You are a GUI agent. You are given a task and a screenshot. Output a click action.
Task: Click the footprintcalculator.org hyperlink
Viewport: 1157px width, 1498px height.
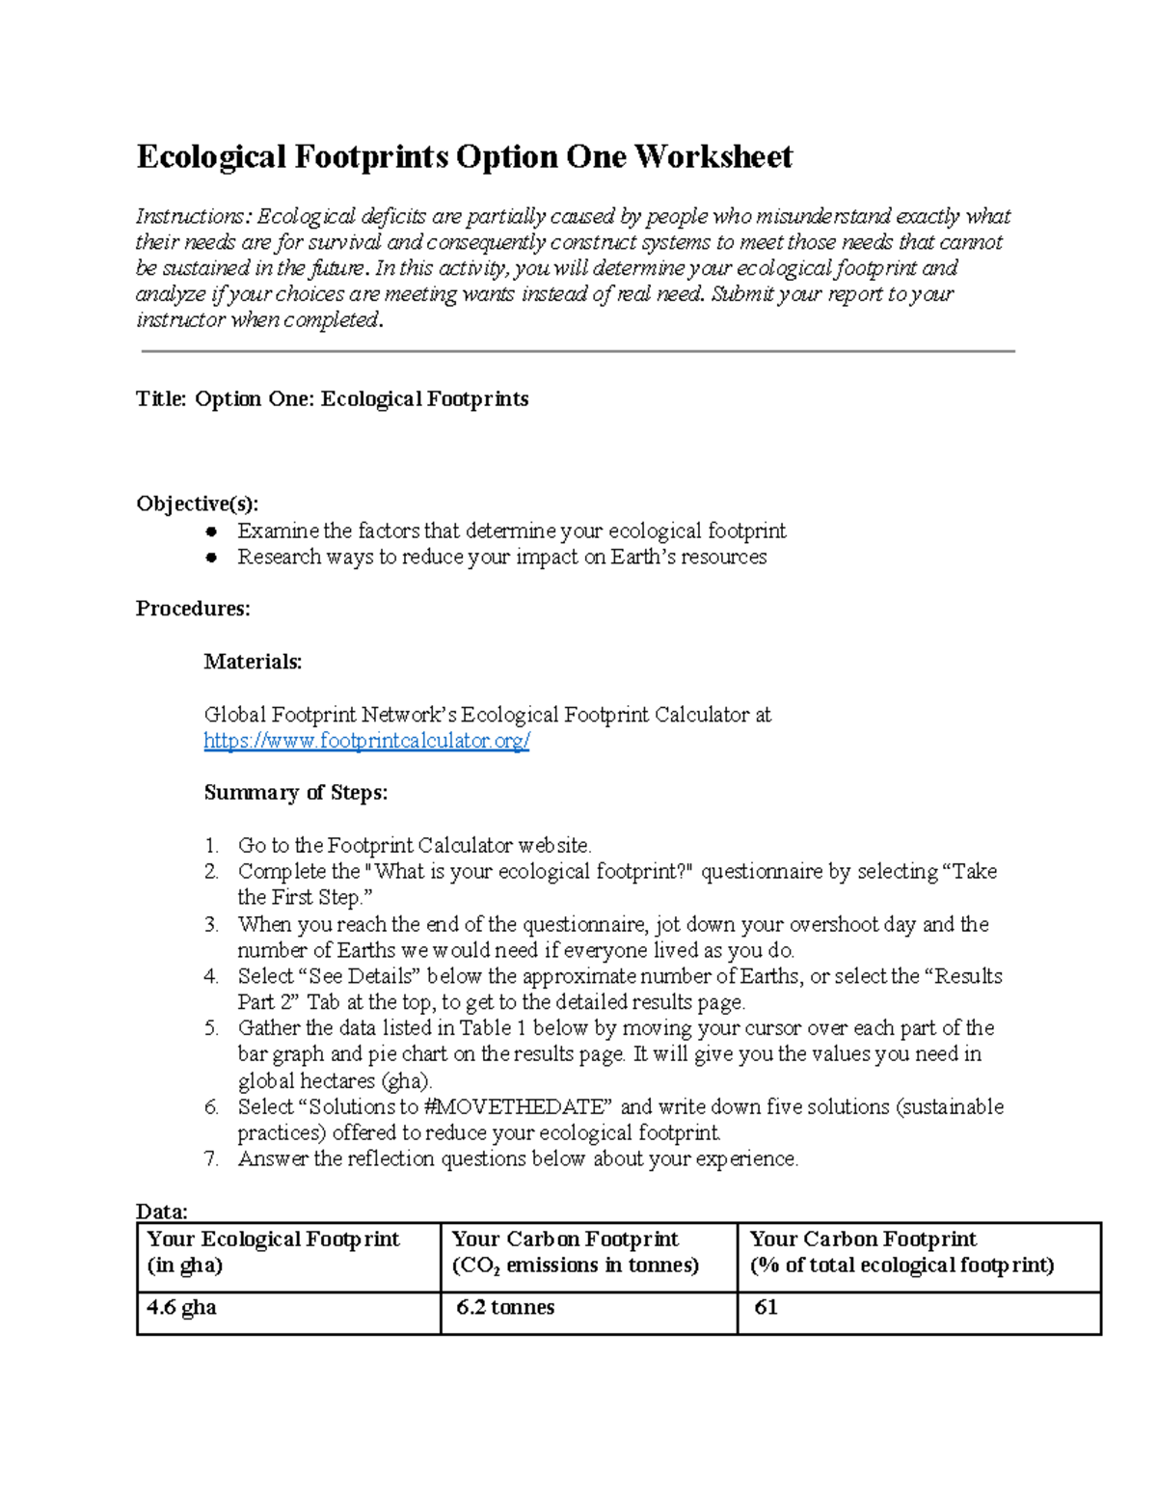[366, 741]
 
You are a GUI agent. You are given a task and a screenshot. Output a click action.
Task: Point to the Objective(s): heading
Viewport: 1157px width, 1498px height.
[197, 504]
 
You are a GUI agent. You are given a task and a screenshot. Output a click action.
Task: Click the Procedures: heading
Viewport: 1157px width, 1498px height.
[193, 609]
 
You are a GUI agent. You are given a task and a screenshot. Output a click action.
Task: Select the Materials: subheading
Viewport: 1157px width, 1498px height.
[253, 662]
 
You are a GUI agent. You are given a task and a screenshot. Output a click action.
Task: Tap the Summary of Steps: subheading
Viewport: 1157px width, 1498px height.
[295, 793]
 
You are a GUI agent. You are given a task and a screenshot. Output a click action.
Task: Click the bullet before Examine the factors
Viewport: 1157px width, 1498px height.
[211, 531]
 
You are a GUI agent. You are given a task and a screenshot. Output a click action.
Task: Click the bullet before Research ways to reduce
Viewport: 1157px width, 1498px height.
[211, 558]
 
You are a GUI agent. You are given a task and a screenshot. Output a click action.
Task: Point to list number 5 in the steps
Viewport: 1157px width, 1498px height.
[211, 1028]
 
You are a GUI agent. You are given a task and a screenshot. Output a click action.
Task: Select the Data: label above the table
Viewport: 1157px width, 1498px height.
[161, 1212]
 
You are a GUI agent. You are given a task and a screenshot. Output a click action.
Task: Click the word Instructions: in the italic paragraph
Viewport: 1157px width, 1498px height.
[192, 216]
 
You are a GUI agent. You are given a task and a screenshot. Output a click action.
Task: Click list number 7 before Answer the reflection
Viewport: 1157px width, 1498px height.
[211, 1159]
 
